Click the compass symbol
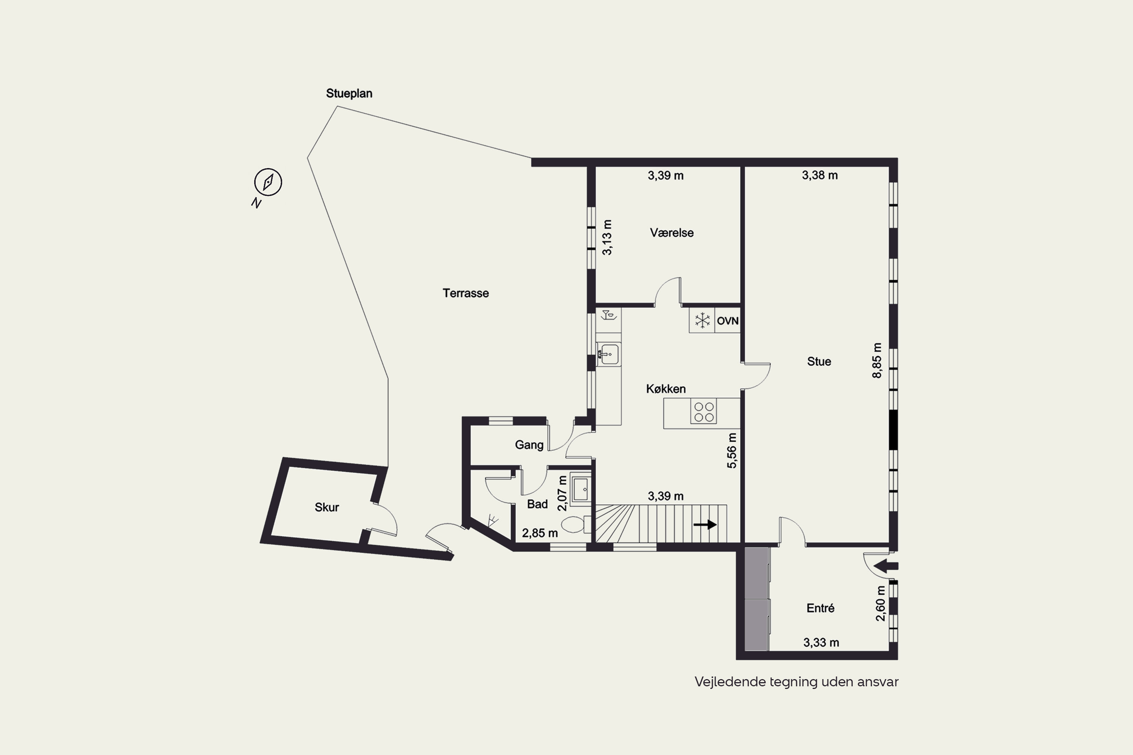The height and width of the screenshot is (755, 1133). (268, 182)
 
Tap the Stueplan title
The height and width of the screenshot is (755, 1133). (349, 93)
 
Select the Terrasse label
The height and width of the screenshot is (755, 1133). (466, 293)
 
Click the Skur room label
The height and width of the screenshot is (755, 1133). (327, 507)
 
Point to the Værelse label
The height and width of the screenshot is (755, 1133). (672, 233)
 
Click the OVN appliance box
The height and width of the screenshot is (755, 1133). (727, 320)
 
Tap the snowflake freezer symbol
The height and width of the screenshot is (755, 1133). (702, 320)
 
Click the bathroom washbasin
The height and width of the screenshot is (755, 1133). (580, 489)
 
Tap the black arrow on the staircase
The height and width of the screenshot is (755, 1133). (705, 524)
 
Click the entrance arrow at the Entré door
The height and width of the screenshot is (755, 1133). (885, 566)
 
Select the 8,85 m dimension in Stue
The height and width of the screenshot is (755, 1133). (877, 361)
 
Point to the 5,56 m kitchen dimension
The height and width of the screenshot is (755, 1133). (732, 451)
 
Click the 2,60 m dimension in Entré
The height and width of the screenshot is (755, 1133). (881, 603)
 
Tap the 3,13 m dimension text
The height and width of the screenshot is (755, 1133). (607, 237)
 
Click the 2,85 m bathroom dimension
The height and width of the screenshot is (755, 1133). (540, 533)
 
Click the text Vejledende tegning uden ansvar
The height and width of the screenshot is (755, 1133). (796, 682)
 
